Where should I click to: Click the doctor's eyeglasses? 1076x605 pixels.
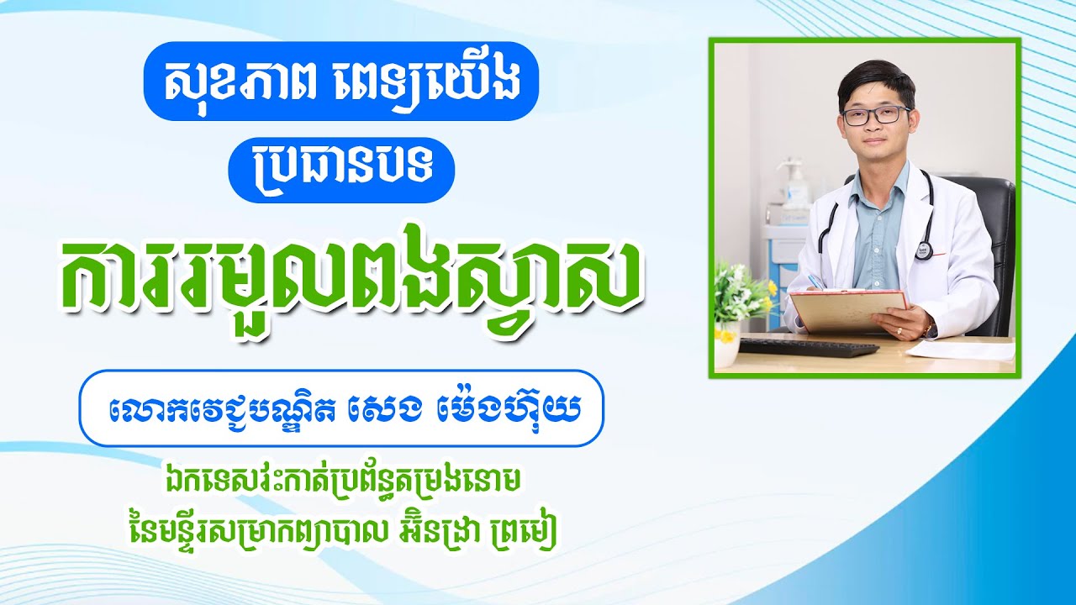875,116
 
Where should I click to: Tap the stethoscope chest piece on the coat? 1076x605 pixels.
925,250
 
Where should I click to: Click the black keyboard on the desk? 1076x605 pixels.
796,347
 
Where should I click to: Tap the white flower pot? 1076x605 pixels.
725,354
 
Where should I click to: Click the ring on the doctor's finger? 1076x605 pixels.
900,331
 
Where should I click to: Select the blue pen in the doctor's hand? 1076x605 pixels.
813,281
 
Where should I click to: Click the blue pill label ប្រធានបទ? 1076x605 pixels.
341,171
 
